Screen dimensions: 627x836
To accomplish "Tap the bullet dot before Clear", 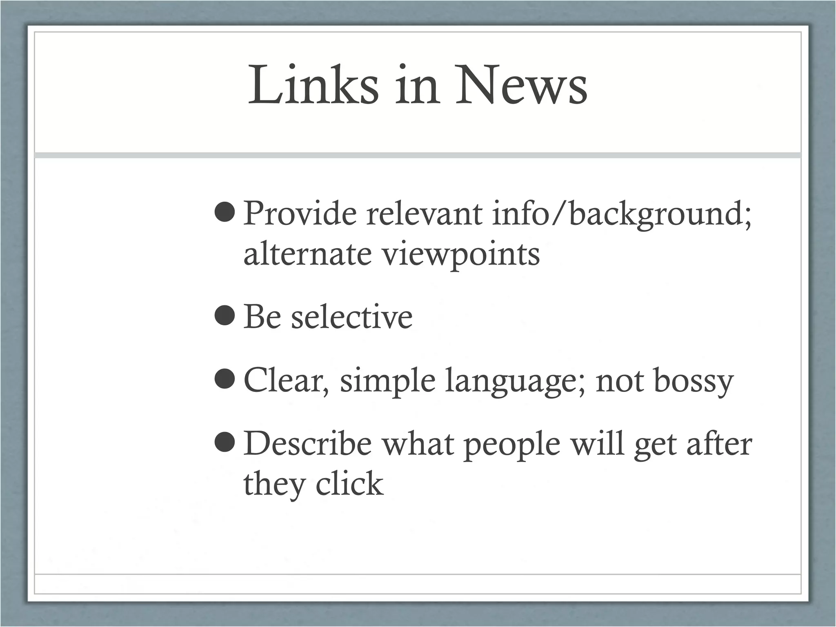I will [224, 380].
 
